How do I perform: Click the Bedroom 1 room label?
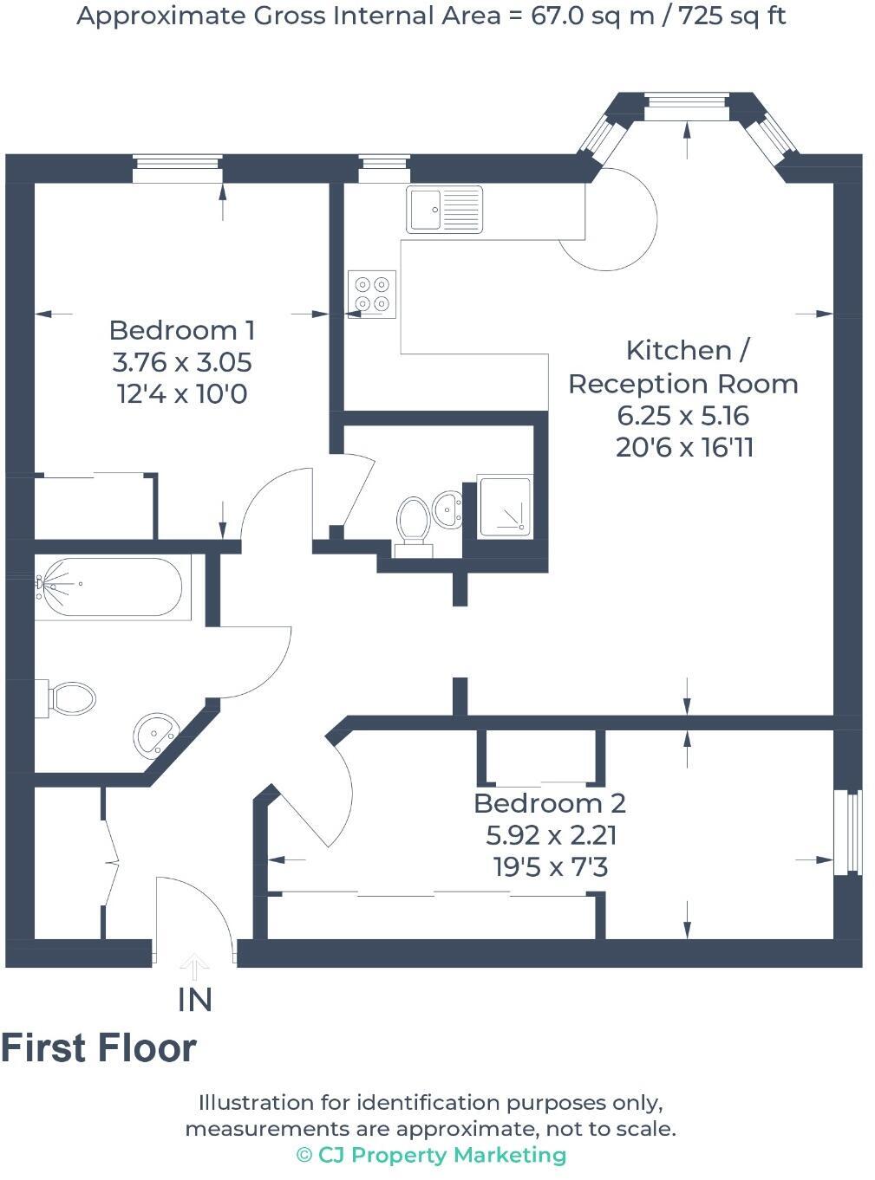pyautogui.click(x=182, y=330)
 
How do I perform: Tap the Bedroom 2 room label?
pyautogui.click(x=550, y=803)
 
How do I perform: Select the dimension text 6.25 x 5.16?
pyautogui.click(x=682, y=416)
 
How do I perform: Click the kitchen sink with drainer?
pyautogui.click(x=445, y=210)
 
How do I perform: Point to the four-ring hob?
pyautogui.click(x=372, y=294)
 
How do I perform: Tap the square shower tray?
pyautogui.click(x=503, y=507)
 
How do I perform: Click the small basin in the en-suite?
pyautogui.click(x=447, y=509)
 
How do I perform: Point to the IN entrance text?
pyautogui.click(x=195, y=1000)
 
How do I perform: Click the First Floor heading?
pyautogui.click(x=99, y=1048)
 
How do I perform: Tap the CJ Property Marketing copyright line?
pyautogui.click(x=431, y=1155)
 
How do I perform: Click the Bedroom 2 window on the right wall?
pyautogui.click(x=853, y=833)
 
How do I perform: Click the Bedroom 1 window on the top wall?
pyautogui.click(x=177, y=169)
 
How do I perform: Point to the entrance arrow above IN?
pyautogui.click(x=194, y=965)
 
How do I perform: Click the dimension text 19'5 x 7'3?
pyautogui.click(x=551, y=866)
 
